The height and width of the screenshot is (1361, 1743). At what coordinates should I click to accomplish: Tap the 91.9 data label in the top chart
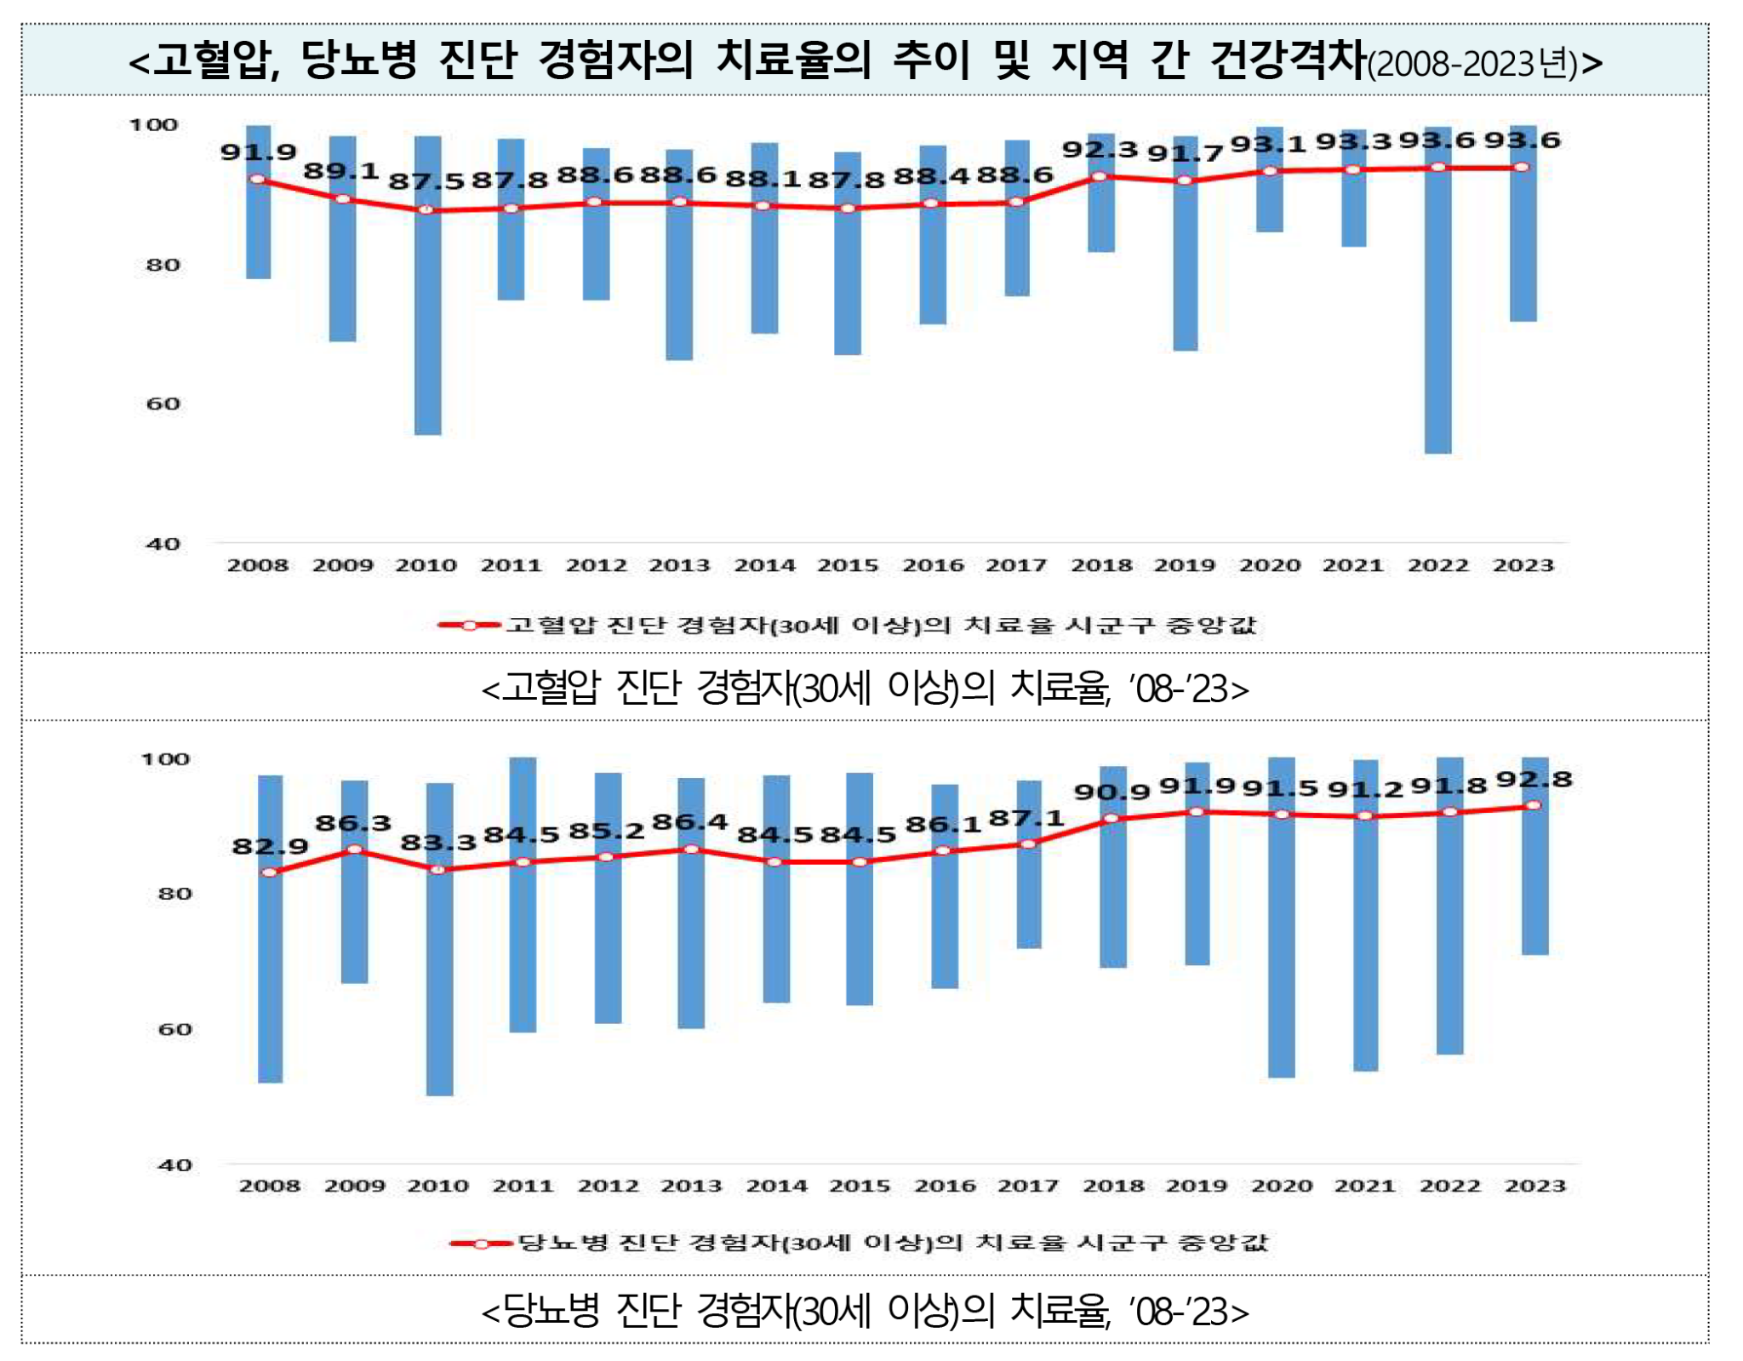(258, 152)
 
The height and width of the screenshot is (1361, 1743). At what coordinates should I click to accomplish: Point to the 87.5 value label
(426, 181)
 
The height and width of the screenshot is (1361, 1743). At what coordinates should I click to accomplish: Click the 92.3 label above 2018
(1100, 150)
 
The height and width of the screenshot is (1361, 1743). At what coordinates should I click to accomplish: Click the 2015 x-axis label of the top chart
(848, 565)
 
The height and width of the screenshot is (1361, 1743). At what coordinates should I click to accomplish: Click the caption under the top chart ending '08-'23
(865, 688)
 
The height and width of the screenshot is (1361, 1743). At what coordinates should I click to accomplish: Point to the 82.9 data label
(270, 846)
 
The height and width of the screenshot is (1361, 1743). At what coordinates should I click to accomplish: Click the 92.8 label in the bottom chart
(1534, 780)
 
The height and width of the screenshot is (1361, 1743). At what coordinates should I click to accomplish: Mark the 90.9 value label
(1112, 792)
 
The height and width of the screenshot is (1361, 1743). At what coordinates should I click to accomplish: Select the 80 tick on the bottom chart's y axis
(175, 894)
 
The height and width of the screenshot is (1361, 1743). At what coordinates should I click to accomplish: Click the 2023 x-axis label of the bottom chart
(1534, 1186)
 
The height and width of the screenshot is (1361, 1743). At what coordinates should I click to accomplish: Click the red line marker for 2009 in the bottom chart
(355, 849)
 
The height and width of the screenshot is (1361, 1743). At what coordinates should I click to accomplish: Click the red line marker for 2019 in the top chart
(1185, 181)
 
